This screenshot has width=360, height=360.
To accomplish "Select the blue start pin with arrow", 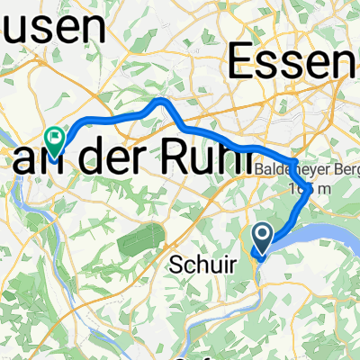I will coord(263,238).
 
